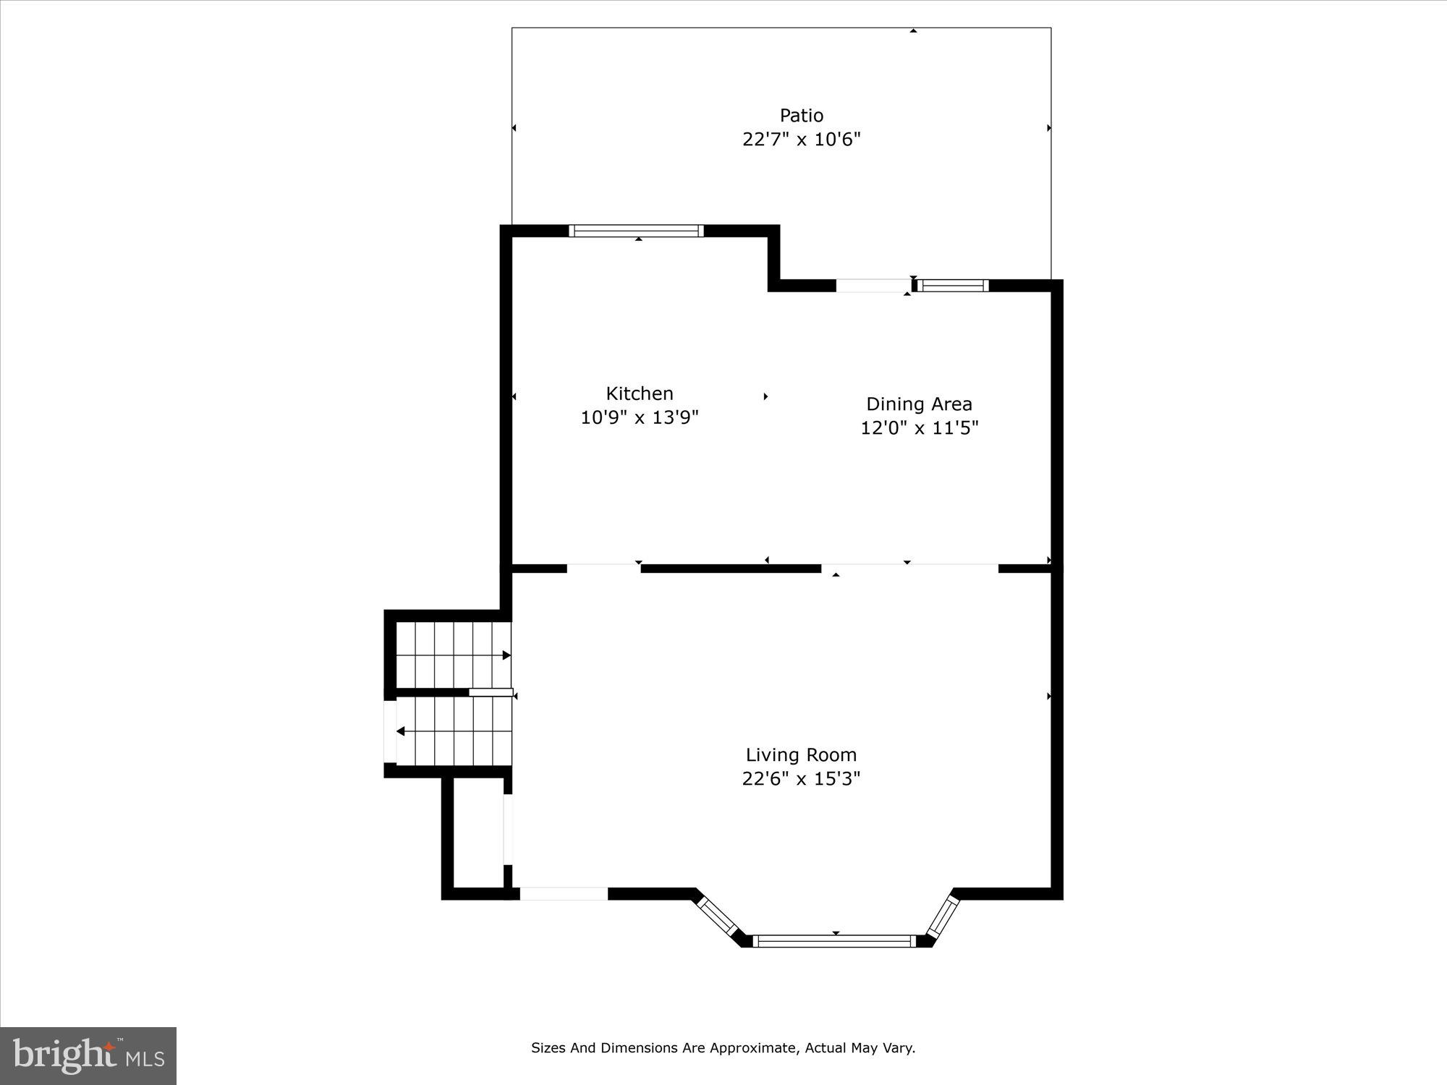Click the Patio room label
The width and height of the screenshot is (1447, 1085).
pyautogui.click(x=801, y=116)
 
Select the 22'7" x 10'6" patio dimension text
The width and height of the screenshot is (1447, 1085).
pyautogui.click(x=801, y=140)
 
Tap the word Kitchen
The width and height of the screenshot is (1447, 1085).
pyautogui.click(x=639, y=393)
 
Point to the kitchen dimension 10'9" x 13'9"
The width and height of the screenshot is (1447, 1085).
pyautogui.click(x=639, y=418)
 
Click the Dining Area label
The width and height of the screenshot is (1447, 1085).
pyautogui.click(x=919, y=404)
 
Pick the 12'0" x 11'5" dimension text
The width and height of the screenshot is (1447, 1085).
pyautogui.click(x=919, y=428)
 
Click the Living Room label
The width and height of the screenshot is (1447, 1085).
pyautogui.click(x=801, y=754)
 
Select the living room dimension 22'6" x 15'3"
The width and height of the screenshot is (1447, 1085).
pyautogui.click(x=801, y=779)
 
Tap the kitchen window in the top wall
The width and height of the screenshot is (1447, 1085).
pyautogui.click(x=636, y=231)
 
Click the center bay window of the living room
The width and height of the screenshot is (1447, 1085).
pyautogui.click(x=834, y=941)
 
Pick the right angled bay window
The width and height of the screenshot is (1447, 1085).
pyautogui.click(x=943, y=914)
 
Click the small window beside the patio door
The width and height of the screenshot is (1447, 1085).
pyautogui.click(x=953, y=286)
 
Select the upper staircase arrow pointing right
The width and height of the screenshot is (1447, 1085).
pyautogui.click(x=506, y=655)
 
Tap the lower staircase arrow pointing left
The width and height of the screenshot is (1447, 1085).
pyautogui.click(x=401, y=731)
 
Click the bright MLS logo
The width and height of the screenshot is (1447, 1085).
pyautogui.click(x=88, y=1056)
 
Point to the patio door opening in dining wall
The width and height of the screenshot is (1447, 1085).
pyautogui.click(x=873, y=286)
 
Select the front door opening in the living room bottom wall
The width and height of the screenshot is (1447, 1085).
pyautogui.click(x=564, y=894)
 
